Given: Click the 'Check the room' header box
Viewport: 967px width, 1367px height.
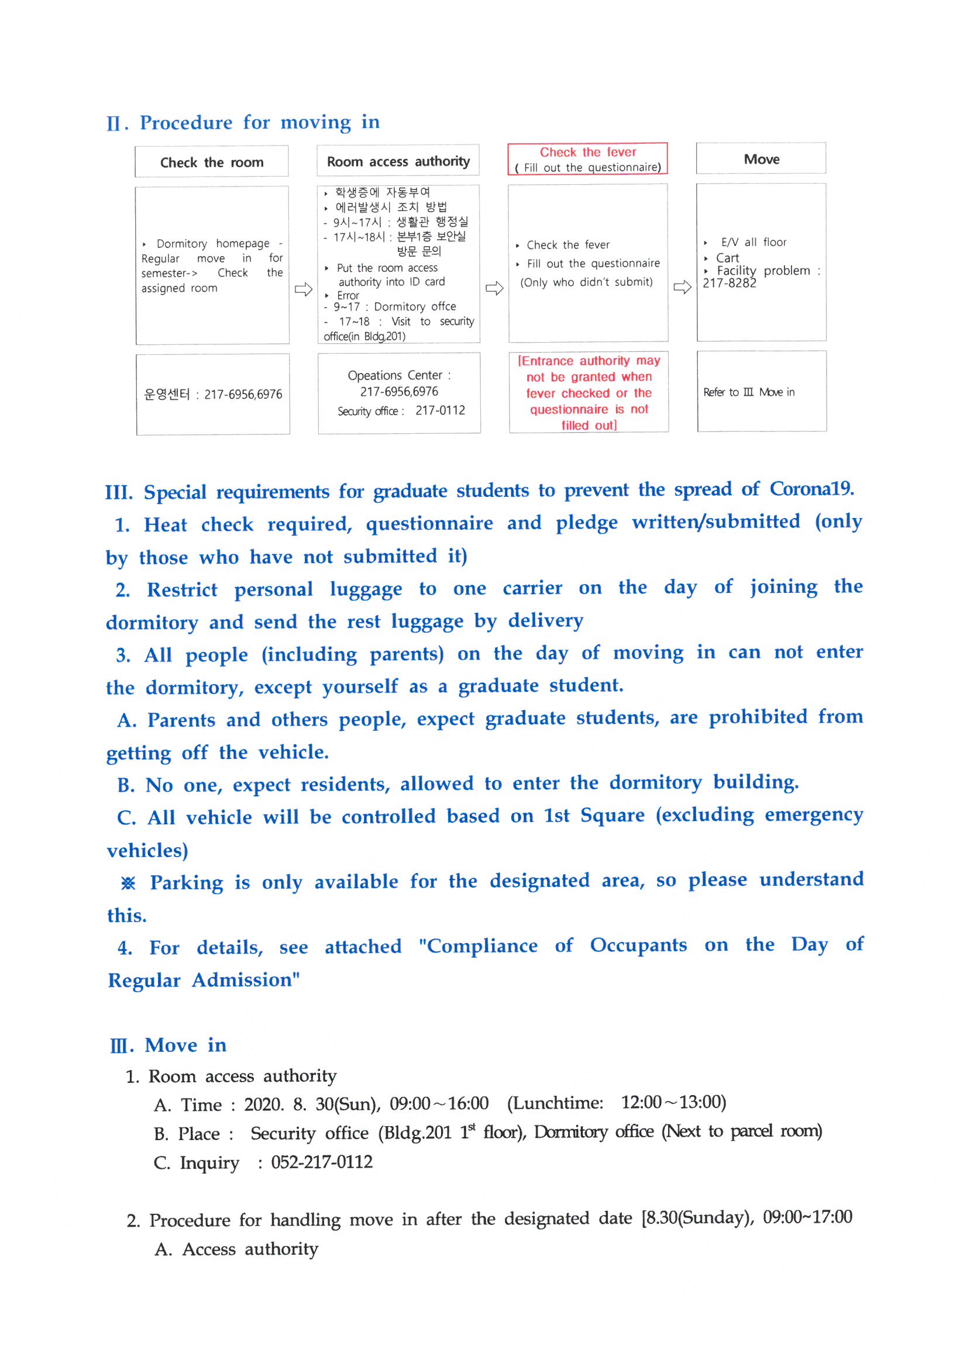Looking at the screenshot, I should (212, 162).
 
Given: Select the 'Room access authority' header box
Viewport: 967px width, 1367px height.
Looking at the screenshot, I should (398, 161).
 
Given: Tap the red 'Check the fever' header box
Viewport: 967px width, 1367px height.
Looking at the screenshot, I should (587, 159).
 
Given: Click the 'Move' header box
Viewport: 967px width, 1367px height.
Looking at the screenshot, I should (761, 159).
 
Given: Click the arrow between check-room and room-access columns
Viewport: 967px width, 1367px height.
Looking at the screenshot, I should (303, 289).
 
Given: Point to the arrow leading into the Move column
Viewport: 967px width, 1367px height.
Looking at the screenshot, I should (682, 288).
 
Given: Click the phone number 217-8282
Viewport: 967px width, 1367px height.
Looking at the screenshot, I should (729, 284).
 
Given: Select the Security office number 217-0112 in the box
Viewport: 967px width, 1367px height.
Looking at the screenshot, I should (441, 410).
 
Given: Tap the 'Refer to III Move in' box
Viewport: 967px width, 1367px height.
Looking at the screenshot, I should (749, 392).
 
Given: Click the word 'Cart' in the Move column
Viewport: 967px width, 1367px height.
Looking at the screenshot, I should (728, 258).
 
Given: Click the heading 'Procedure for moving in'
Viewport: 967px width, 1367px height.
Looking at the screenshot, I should (260, 122).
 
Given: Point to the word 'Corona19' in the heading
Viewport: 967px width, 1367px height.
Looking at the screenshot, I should (811, 489).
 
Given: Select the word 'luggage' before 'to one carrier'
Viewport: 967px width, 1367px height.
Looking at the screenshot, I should (366, 589).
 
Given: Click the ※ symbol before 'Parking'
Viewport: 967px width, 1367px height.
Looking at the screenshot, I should (128, 883).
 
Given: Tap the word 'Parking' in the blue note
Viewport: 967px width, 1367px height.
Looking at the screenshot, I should (187, 883).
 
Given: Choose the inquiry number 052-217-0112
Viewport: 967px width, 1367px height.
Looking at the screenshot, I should (322, 1162).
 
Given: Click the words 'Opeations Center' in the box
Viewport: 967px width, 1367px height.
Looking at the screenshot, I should (395, 375).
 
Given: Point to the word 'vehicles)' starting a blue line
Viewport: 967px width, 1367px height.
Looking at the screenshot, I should (148, 850).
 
